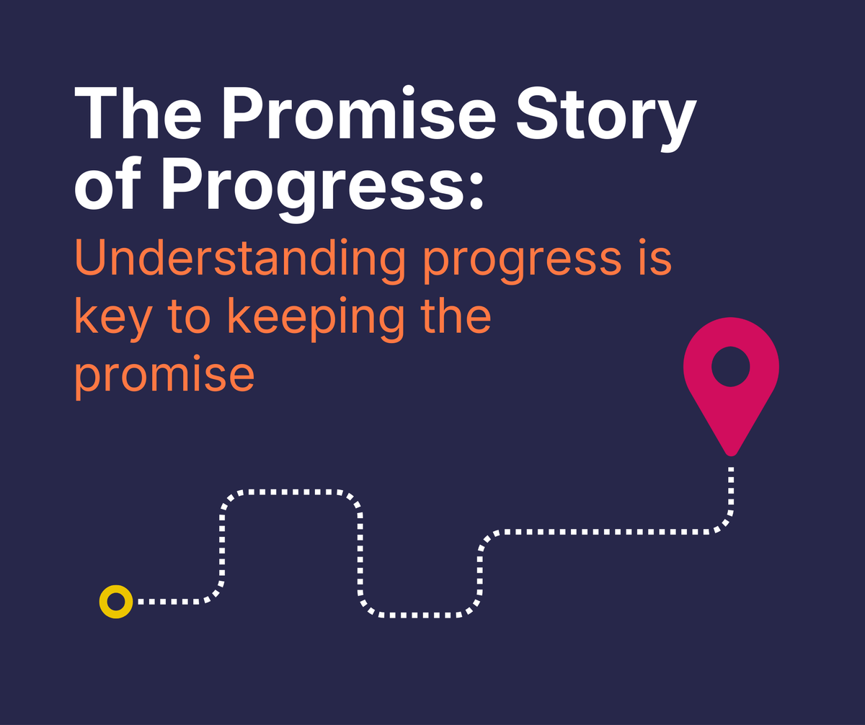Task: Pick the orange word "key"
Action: (x=112, y=319)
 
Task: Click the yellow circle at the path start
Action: (x=115, y=600)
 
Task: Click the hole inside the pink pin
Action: (x=731, y=366)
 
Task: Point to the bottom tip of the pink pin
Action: (x=731, y=452)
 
